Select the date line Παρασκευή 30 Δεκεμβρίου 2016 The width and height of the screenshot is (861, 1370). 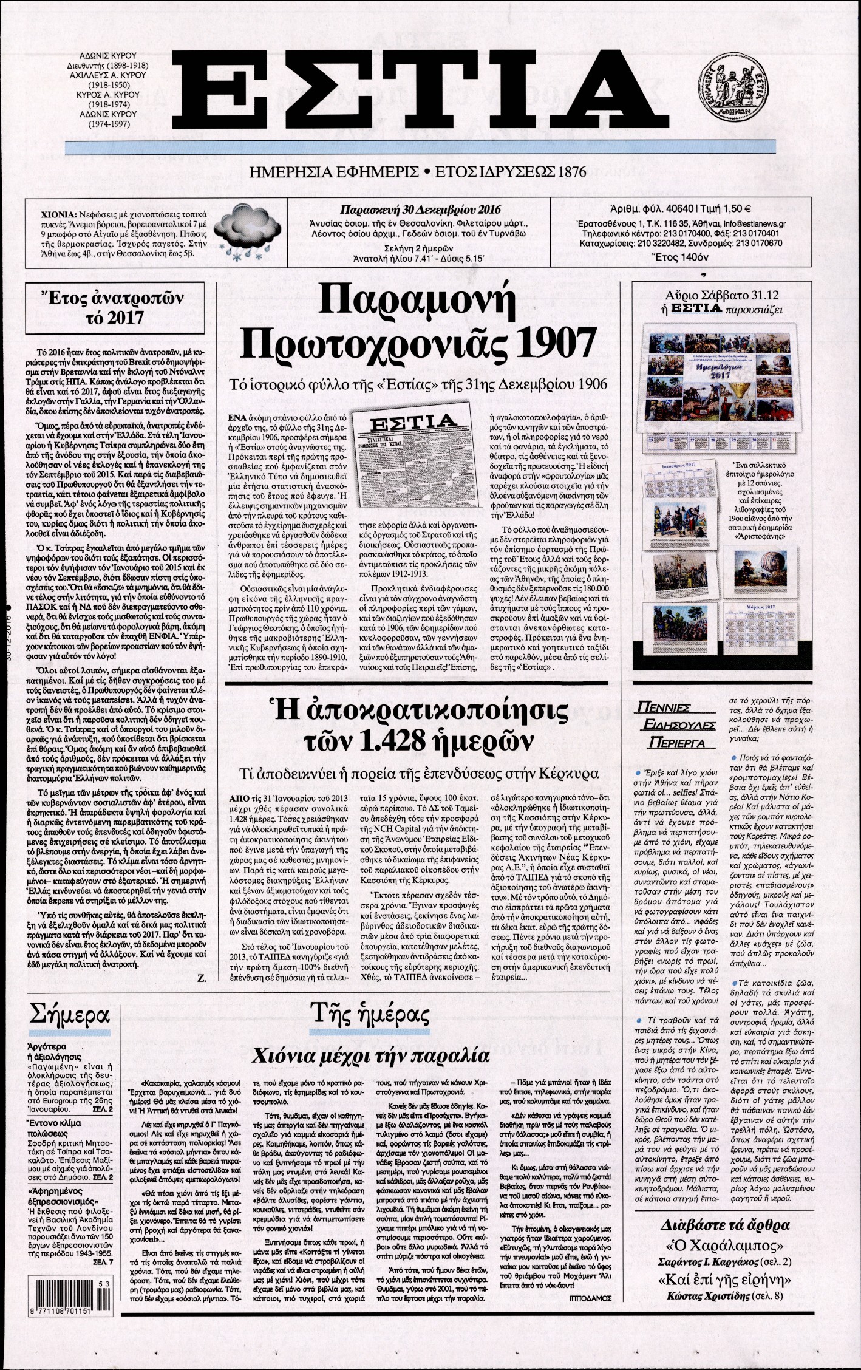420,210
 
